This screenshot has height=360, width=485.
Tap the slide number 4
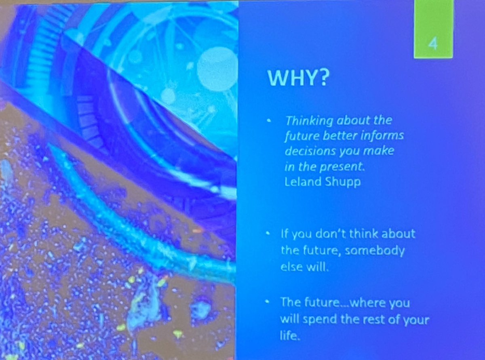(x=433, y=43)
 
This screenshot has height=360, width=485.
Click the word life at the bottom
(x=290, y=336)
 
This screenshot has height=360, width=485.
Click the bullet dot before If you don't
(x=268, y=234)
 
